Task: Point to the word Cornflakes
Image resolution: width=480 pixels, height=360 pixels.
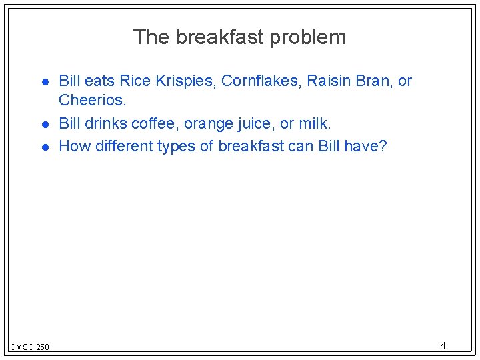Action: (261, 81)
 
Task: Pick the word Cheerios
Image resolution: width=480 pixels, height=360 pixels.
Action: (91, 101)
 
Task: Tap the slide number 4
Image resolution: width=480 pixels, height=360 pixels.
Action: (443, 345)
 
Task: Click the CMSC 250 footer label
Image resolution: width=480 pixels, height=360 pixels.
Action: (29, 347)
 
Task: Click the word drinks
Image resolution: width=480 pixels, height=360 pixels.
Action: (106, 124)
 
